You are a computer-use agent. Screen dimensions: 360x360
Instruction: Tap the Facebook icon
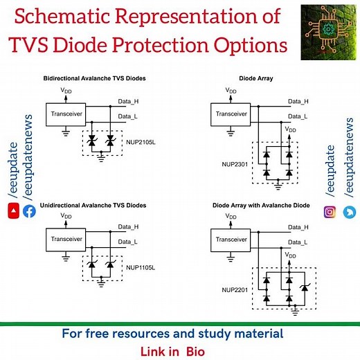coord(29,212)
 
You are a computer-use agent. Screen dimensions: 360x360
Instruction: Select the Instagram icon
coord(330,211)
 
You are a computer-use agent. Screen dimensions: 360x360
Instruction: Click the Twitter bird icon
coord(349,212)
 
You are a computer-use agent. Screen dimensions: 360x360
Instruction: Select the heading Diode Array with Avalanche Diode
coord(262,206)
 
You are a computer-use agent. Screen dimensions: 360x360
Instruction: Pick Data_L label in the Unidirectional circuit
coord(128,241)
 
